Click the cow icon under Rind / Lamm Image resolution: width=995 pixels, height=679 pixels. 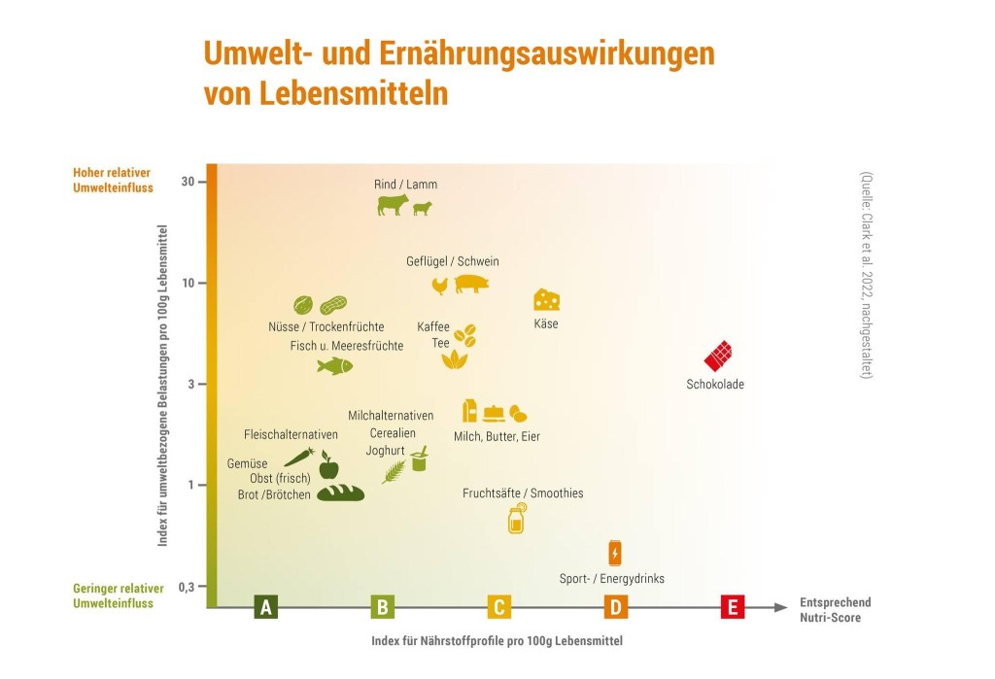tap(393, 205)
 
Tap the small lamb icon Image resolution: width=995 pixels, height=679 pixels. tap(423, 208)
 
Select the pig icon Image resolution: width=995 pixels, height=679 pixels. tap(471, 283)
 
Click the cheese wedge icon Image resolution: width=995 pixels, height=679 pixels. tap(546, 299)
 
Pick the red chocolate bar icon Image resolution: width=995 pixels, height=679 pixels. tap(719, 356)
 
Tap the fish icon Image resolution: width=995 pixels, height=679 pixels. tap(334, 365)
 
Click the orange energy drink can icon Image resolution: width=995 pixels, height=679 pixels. tap(614, 553)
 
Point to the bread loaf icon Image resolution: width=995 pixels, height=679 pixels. tap(340, 492)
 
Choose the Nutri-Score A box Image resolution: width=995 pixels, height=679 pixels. tap(265, 608)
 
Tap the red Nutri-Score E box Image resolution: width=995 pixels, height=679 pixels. tap(733, 608)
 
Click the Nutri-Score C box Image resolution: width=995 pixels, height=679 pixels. tap(498, 608)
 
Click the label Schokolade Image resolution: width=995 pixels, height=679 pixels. tap(714, 385)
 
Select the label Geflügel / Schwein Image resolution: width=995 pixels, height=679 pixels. tap(452, 261)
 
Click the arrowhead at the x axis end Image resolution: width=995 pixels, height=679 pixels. tap(781, 608)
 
